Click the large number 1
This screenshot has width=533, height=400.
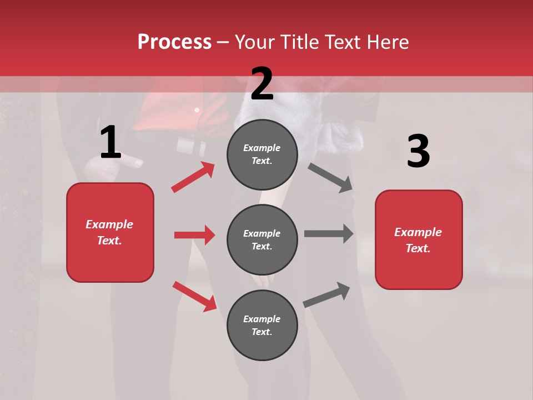point(110,142)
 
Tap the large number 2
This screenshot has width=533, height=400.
point(262,84)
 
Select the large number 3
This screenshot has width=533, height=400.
point(418,152)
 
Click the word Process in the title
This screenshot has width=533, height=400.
point(174,42)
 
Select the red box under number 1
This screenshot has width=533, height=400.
point(110,232)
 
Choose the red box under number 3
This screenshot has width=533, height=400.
point(419,239)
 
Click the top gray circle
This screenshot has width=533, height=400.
point(262,154)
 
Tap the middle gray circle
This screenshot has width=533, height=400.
point(262,239)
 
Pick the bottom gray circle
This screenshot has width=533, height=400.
point(262,325)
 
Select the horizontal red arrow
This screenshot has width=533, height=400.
point(194,235)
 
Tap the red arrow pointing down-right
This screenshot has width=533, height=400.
point(194,296)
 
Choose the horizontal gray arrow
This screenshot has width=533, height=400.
point(329,233)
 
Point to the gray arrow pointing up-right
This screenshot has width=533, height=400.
point(326,295)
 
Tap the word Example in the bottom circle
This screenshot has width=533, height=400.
point(262,319)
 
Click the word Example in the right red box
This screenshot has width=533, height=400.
point(418,232)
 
